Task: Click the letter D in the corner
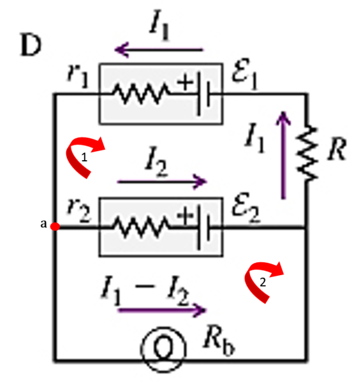coord(31,44)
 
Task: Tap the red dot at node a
coord(55,226)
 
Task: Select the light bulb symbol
coord(163,348)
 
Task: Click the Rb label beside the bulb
coord(219,343)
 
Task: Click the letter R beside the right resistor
coord(337,149)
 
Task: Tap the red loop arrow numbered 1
coord(84,156)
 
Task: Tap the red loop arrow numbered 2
coord(263,282)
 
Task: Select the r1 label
coord(78,76)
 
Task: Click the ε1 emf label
coord(244,73)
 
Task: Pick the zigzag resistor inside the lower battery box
coord(141,227)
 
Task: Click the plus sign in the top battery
coord(185,82)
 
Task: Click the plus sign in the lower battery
coord(185,215)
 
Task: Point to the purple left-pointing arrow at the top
coord(159,50)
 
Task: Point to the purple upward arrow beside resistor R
coord(283,155)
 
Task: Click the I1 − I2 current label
coord(145,291)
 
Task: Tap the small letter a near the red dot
coord(44,224)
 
